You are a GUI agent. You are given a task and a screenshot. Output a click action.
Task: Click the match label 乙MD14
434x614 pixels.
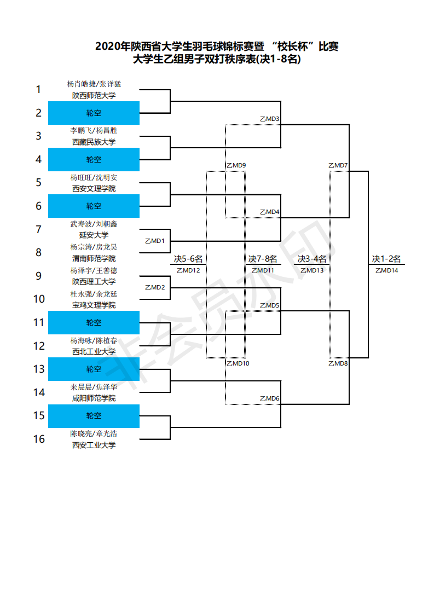[386, 270]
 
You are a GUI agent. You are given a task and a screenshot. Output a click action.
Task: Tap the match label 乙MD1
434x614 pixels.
[154, 241]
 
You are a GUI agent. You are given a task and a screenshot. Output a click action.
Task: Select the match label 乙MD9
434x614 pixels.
[236, 165]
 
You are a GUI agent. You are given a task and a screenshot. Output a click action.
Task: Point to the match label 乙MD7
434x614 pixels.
[338, 165]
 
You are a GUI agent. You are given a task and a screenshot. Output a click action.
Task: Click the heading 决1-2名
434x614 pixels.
[386, 259]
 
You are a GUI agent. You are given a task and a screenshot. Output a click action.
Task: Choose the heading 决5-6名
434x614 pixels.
[188, 259]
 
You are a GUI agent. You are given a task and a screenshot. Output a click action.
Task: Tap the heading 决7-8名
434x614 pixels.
[263, 259]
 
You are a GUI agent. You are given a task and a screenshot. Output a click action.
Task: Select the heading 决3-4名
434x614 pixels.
[312, 259]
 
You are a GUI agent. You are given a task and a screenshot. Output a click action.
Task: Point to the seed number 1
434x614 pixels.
[39, 89]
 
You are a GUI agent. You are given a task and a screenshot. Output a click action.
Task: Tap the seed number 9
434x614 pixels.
[39, 276]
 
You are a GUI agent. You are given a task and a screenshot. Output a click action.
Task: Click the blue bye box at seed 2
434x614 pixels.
[94, 113]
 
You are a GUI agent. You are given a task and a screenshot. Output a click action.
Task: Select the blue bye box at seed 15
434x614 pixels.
[94, 416]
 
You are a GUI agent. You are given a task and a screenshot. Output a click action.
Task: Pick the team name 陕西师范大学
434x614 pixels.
[94, 95]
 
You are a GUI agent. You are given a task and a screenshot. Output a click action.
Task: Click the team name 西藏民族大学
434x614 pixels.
[94, 142]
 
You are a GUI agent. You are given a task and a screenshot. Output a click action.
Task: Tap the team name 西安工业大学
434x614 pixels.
[94, 445]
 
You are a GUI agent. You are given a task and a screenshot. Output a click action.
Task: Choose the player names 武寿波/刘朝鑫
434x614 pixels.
[94, 224]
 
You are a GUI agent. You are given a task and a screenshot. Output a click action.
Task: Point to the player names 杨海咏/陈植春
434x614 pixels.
[94, 340]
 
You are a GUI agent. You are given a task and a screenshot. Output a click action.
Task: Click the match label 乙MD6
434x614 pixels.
[269, 398]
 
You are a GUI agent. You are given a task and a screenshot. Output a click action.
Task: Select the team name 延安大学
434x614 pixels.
[94, 235]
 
